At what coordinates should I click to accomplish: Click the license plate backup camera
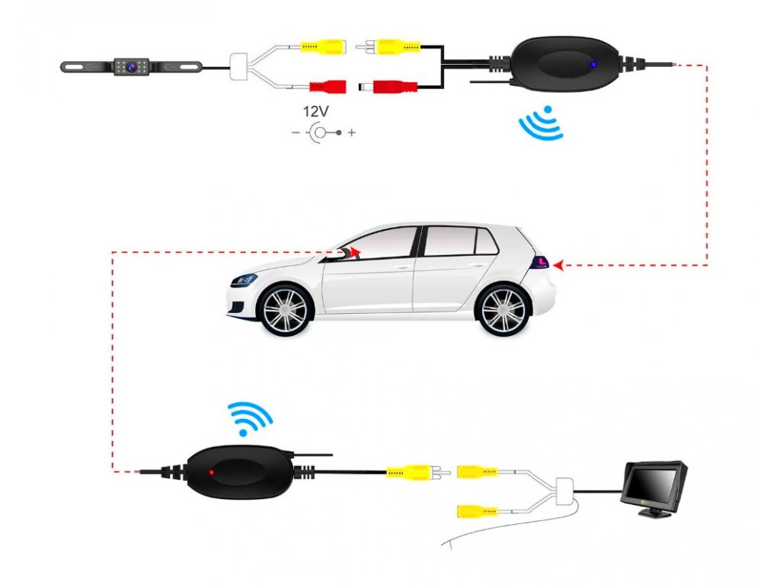(130, 67)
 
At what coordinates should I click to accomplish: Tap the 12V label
(315, 111)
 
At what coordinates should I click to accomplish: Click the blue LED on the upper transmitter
(592, 64)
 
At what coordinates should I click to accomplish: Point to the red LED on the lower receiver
(212, 472)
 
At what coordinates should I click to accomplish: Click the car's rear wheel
(503, 309)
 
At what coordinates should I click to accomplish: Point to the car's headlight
(244, 279)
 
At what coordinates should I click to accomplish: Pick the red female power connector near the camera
(326, 86)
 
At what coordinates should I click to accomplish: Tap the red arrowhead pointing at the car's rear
(558, 265)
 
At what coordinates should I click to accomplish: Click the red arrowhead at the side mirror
(356, 251)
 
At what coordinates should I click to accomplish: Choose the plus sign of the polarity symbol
(351, 133)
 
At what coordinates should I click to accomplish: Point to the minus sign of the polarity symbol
(296, 133)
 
